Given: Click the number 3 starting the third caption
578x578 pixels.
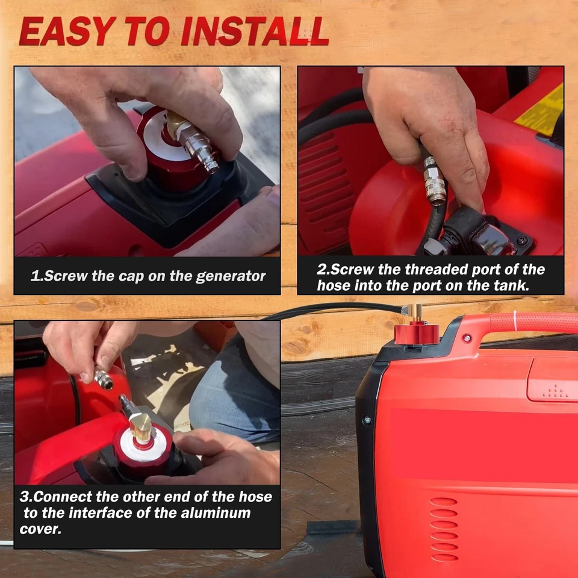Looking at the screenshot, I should tap(24, 497).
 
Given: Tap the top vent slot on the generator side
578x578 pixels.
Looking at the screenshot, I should tap(443, 502).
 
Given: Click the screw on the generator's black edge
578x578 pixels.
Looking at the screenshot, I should tap(367, 420).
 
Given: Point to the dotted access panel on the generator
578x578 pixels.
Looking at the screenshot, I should tap(553, 382).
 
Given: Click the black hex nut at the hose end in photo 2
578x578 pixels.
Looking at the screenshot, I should tap(433, 246).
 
